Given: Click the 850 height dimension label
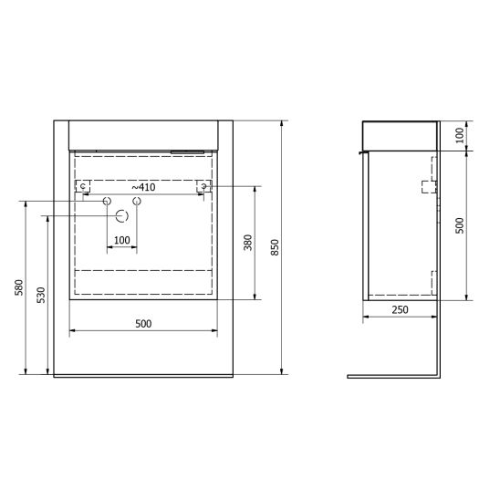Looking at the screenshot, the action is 275,247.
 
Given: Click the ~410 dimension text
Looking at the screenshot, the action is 143,187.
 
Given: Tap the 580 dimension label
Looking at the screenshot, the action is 19,287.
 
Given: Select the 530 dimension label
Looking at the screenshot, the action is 41,295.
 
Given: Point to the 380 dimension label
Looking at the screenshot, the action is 248,243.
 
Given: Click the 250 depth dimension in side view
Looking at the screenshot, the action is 400,309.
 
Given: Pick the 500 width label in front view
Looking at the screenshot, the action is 143,324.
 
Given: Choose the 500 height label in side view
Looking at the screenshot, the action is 460,225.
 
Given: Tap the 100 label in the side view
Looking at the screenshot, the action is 460,135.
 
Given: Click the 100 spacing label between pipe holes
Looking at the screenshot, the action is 122,240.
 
